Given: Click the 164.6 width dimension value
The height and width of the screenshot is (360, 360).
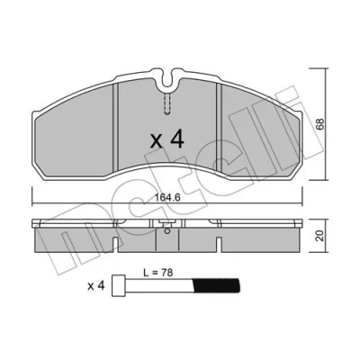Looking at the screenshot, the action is tap(167, 198).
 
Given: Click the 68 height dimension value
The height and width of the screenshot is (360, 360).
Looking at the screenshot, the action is tap(320, 124).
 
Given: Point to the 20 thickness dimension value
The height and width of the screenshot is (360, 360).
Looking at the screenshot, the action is tap(320, 236).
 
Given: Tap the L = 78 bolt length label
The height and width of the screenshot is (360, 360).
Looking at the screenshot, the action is tap(157, 273).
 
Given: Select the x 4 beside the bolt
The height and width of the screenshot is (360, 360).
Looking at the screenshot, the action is tap(96, 286).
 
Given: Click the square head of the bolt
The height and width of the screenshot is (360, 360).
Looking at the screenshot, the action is tap(119, 285).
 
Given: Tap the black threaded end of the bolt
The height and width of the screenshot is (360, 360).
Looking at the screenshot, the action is tap(216, 285).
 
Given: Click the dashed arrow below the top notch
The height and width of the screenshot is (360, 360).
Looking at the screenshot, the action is tap(167, 103).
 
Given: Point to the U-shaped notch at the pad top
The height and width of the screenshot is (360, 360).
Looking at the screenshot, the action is tap(167, 79).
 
